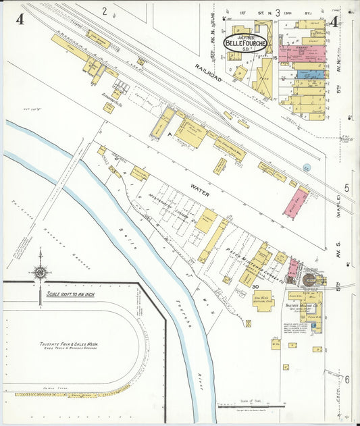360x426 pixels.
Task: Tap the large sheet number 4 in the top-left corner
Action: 20,20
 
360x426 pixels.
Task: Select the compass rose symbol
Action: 40,272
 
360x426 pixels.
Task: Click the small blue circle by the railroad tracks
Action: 307,167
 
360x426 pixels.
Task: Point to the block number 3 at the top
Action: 277,11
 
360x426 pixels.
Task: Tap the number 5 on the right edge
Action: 346,188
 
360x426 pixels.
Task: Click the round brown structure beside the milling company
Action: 309,279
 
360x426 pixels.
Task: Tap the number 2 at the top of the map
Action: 105,10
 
